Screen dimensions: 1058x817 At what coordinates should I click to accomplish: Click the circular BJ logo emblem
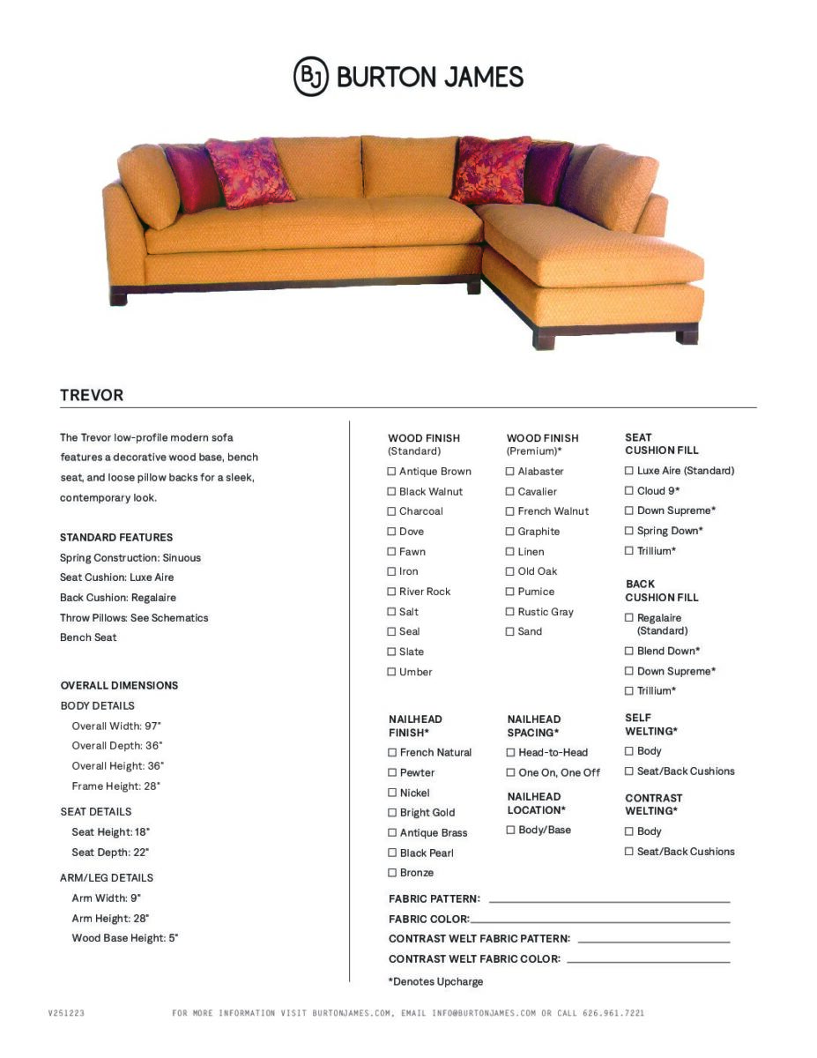click(311, 77)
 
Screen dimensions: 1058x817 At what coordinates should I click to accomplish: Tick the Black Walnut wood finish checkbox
click(391, 492)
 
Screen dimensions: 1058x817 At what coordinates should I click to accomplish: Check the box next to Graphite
click(509, 532)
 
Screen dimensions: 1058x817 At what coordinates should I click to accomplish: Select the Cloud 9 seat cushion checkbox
click(629, 491)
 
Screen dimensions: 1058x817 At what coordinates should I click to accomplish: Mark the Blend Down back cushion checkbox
click(629, 651)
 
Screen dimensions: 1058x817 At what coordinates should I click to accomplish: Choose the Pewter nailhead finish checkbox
click(392, 773)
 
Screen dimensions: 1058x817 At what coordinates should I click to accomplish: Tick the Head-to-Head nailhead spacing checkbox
click(510, 753)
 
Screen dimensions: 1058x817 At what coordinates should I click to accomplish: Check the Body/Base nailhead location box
click(510, 831)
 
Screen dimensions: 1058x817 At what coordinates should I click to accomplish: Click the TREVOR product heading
click(92, 395)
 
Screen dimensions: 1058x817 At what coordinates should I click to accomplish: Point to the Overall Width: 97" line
click(116, 726)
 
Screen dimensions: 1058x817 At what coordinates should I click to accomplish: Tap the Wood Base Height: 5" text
click(125, 939)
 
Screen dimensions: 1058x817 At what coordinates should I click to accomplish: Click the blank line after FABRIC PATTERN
click(609, 901)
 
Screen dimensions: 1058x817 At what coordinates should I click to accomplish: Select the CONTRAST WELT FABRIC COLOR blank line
click(648, 961)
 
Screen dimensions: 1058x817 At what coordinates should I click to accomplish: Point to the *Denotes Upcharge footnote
click(435, 982)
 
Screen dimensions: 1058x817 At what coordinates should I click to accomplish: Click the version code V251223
click(66, 1014)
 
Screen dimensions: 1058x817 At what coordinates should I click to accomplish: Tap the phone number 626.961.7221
click(613, 1014)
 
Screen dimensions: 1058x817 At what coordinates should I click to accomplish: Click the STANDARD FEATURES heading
click(116, 538)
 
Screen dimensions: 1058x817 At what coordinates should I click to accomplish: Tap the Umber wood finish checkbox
click(391, 673)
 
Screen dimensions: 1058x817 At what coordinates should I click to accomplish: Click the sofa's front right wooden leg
click(687, 335)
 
